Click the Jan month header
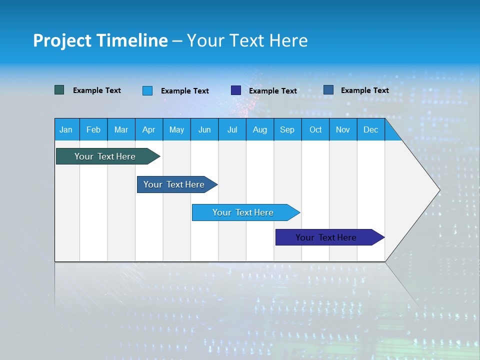pyautogui.click(x=66, y=129)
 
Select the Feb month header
pyautogui.click(x=93, y=129)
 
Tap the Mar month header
pyautogui.click(x=121, y=129)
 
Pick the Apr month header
pyautogui.click(x=149, y=129)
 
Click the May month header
pyautogui.click(x=176, y=129)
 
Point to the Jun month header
pyautogui.click(x=204, y=129)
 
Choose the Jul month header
pyautogui.click(x=232, y=129)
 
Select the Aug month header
pyautogui.click(x=260, y=129)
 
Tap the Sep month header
pyautogui.click(x=287, y=129)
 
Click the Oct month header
pyautogui.click(x=315, y=129)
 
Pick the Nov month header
pyautogui.click(x=343, y=129)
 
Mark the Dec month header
pyautogui.click(x=371, y=129)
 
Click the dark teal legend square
pyautogui.click(x=59, y=90)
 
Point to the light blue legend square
pyautogui.click(x=147, y=90)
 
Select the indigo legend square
pyautogui.click(x=236, y=90)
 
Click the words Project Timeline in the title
pyautogui.click(x=100, y=40)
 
